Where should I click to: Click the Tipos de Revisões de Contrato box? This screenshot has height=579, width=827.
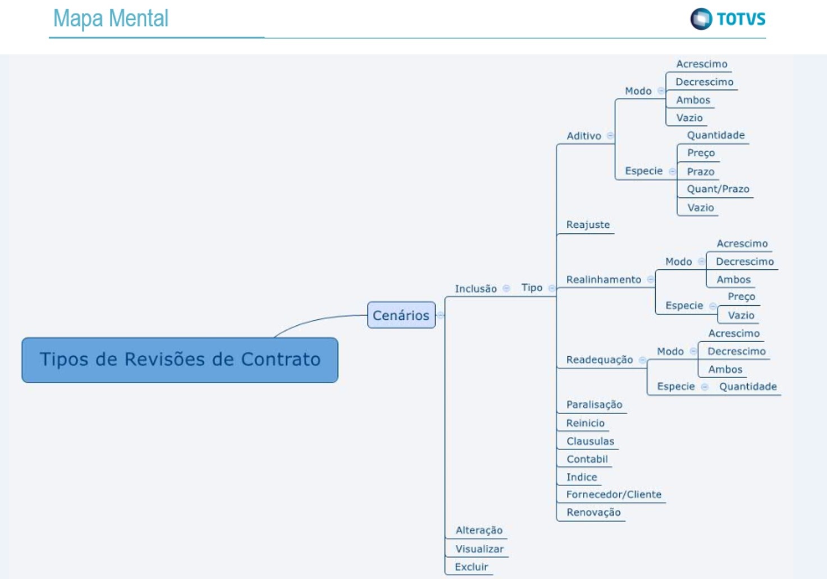(180, 360)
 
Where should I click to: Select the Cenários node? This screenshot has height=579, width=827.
(401, 315)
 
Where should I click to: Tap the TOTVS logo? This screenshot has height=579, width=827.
(728, 19)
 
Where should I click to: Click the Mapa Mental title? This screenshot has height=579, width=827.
(111, 19)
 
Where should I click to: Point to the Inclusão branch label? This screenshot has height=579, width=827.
(476, 288)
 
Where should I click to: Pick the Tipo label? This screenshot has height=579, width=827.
(532, 288)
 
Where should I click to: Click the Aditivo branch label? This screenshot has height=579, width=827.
(583, 136)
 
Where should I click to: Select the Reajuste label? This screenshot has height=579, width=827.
(588, 224)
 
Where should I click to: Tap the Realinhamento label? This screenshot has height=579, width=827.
(604, 279)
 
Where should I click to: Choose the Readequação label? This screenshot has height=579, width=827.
(599, 360)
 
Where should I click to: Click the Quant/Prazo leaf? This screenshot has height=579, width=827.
(718, 189)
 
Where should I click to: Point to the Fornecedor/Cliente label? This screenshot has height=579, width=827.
(614, 494)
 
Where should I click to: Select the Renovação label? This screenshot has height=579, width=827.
(593, 512)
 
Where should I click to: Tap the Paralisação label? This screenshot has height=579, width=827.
(594, 405)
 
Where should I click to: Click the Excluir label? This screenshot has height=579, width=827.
(471, 567)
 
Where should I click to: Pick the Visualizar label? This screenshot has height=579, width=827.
(479, 549)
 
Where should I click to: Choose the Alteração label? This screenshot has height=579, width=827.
(479, 530)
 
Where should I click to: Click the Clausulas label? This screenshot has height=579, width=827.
(590, 441)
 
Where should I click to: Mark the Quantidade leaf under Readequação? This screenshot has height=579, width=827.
(748, 387)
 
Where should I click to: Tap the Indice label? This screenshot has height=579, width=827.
(582, 477)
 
